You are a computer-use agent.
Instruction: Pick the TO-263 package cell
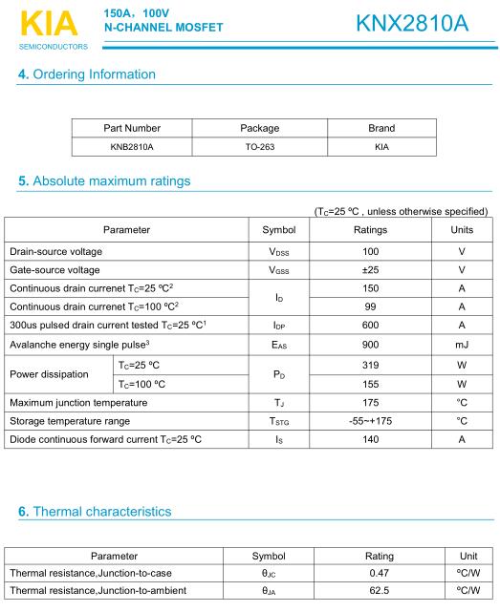259,147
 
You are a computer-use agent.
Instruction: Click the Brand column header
380,128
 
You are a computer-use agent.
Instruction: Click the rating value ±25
370,270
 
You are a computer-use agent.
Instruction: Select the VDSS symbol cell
280,252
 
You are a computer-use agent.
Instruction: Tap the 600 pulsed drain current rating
370,325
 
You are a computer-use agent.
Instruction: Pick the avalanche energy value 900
370,344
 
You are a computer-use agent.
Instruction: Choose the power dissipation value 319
370,366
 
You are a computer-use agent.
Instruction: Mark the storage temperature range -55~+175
370,421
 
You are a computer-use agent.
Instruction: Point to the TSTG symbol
280,421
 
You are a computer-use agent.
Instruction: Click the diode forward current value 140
370,439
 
